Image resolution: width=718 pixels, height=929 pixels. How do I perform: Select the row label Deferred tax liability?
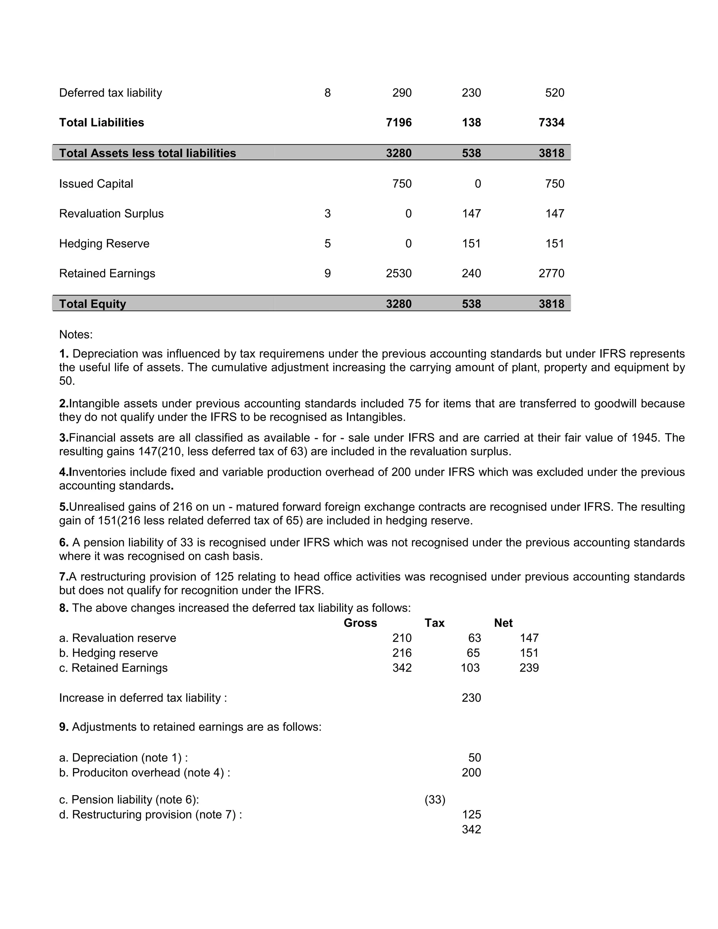coord(110,93)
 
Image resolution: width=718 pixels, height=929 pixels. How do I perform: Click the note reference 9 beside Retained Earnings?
coord(327,273)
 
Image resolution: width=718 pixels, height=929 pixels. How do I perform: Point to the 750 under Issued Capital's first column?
coord(401,184)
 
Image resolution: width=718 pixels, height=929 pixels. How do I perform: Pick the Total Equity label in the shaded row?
coord(92,304)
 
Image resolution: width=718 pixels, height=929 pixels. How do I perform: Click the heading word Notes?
coord(76,334)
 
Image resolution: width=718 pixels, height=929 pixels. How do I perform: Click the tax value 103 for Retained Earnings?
coord(470,668)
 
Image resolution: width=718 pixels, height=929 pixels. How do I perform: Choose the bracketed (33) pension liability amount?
coord(435,800)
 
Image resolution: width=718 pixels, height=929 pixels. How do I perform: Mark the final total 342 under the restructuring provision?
coord(471,829)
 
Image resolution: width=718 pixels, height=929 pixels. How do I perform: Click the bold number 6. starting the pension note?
coord(64,542)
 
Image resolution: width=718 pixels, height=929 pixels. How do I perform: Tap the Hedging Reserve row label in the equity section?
coord(104,243)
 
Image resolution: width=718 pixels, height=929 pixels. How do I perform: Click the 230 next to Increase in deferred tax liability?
coord(471,698)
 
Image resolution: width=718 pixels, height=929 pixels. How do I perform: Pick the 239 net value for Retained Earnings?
coord(529,668)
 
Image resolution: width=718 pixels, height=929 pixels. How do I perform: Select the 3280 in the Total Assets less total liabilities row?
coord(399,153)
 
